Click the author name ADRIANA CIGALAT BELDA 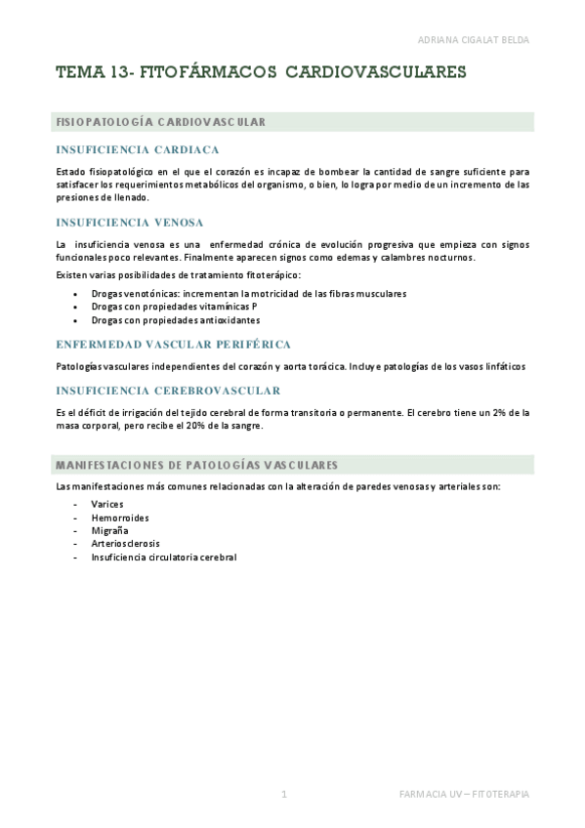[472, 40]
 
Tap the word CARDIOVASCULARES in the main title [376, 71]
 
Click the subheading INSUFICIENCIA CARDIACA [137, 149]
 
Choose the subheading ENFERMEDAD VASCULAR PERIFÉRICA [174, 345]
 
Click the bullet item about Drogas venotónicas [248, 293]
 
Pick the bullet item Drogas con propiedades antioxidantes [175, 319]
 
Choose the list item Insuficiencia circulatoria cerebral [163, 557]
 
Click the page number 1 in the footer [283, 794]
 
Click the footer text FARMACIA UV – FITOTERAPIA [464, 794]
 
